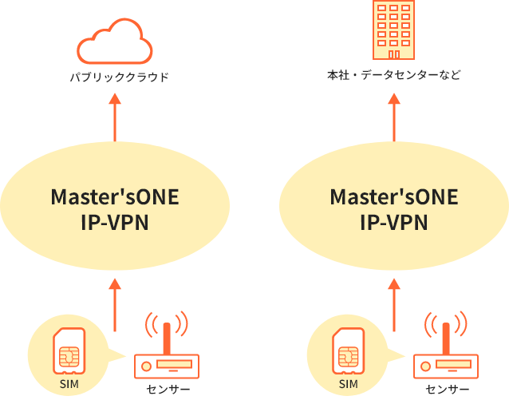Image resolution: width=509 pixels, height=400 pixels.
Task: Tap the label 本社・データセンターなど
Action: [393, 75]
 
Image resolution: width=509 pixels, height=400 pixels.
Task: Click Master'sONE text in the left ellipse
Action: [115, 196]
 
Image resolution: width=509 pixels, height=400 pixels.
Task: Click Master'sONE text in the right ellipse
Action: [393, 196]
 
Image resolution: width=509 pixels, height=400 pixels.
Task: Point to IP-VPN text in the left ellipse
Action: [115, 222]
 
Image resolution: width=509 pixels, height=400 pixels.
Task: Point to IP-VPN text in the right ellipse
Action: [393, 222]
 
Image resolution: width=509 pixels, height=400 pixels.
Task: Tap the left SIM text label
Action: [69, 385]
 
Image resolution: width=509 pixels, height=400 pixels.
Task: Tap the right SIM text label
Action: [349, 385]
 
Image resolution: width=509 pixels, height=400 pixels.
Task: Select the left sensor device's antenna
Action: [166, 335]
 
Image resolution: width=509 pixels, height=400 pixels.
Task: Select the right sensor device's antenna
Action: [446, 335]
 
